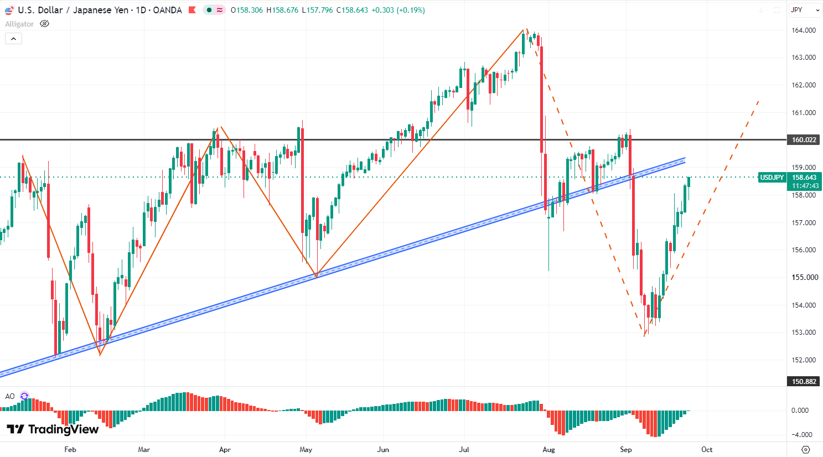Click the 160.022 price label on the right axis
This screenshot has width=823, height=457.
click(804, 139)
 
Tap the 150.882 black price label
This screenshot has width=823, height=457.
click(804, 381)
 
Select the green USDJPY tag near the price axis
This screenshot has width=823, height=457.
click(772, 178)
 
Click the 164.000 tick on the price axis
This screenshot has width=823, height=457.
click(804, 30)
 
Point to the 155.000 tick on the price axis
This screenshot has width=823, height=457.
click(805, 277)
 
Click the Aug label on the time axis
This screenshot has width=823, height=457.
click(548, 450)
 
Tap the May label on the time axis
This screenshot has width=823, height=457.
click(306, 450)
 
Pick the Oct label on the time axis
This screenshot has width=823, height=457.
click(707, 450)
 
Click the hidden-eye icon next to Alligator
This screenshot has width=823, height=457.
click(44, 24)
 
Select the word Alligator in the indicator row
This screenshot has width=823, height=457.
click(19, 24)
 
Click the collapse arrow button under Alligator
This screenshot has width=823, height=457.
click(14, 39)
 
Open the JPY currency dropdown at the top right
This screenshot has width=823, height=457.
click(805, 10)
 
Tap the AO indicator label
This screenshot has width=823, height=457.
click(10, 396)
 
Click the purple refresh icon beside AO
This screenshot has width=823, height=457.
click(24, 396)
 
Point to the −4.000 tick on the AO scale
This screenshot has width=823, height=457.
click(804, 435)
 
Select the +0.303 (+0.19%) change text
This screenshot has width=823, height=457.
click(398, 11)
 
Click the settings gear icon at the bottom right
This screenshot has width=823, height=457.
click(805, 450)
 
